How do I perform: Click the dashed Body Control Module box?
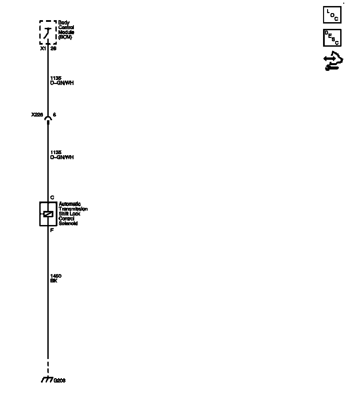coord(48,32)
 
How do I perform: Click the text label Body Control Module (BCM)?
coord(66,30)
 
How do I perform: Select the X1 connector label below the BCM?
coord(43,48)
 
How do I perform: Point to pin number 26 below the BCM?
coord(53,48)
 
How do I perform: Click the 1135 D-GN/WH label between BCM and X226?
coord(62,81)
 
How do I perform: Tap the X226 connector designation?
coord(37,115)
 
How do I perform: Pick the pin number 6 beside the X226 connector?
coord(54,115)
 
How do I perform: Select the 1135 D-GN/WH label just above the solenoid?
coord(62,155)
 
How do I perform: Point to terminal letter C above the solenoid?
coord(52,197)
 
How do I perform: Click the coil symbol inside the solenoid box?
coord(48,214)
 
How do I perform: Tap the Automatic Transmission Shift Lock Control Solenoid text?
coord(73,214)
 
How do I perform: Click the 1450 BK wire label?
coord(56,278)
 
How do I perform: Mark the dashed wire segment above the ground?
coord(48,367)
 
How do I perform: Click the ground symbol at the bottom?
coord(47,380)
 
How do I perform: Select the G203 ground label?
coord(59,381)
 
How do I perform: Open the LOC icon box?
coord(332,15)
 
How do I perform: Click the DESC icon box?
coord(332,38)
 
